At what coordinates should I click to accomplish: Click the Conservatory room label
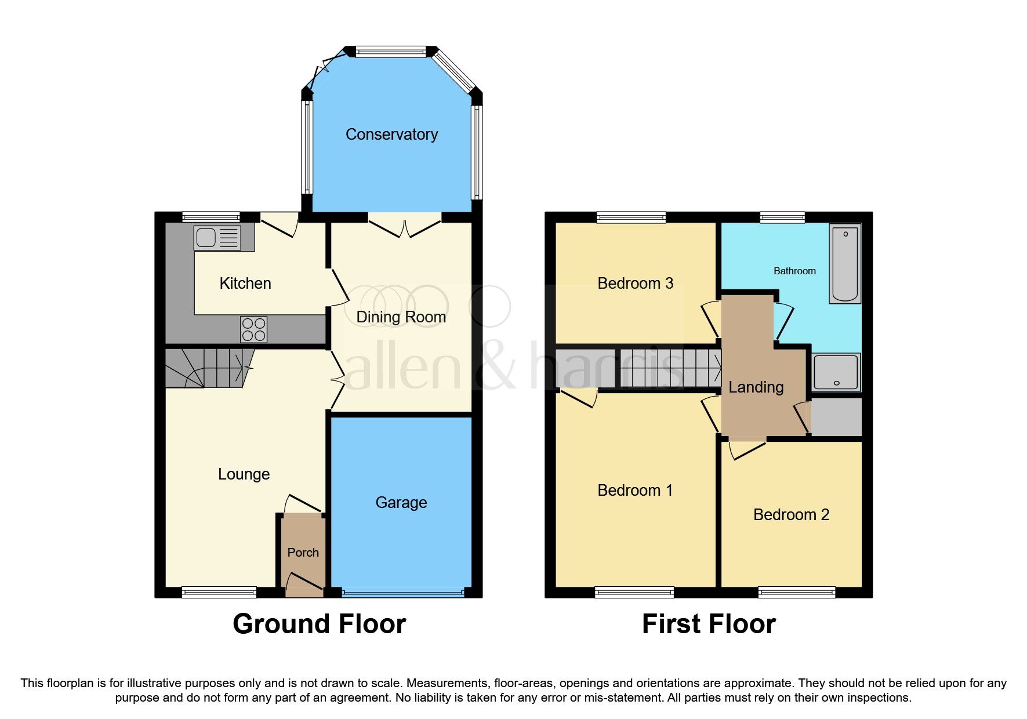[391, 135]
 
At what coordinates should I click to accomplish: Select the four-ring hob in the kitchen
[254, 329]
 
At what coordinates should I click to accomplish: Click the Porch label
[303, 553]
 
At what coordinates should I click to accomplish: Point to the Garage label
[401, 502]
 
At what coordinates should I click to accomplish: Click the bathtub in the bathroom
[845, 264]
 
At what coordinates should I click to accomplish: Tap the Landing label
[756, 387]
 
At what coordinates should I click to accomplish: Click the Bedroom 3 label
[635, 283]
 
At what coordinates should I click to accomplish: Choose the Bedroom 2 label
[791, 514]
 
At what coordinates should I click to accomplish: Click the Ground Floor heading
[319, 624]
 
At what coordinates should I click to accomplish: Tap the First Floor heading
[709, 624]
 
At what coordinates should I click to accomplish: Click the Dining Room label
[401, 317]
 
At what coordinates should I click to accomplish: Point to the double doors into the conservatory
[405, 225]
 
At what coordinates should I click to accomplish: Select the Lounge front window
[219, 592]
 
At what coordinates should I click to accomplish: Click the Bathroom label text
[794, 271]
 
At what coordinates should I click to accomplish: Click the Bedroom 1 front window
[634, 592]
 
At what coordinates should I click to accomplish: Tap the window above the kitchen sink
[211, 217]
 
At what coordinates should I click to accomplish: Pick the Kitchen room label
[245, 283]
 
